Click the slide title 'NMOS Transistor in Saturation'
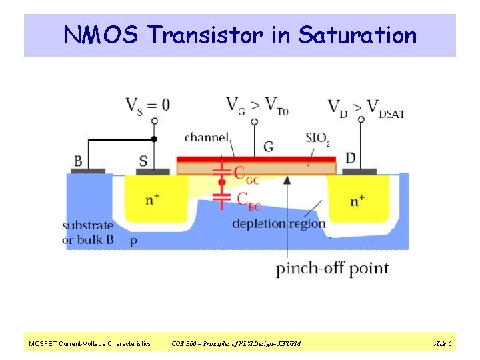240,35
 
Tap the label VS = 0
147,105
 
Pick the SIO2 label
317,139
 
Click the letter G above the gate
268,147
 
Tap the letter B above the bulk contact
78,161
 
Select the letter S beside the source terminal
143,161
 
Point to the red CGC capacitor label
247,174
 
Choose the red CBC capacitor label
247,201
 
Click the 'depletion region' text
279,224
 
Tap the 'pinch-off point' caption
333,269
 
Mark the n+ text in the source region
152,199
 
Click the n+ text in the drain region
357,199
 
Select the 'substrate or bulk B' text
88,233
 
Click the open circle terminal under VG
253,121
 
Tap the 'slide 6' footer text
443,343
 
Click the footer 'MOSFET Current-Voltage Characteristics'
90,343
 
